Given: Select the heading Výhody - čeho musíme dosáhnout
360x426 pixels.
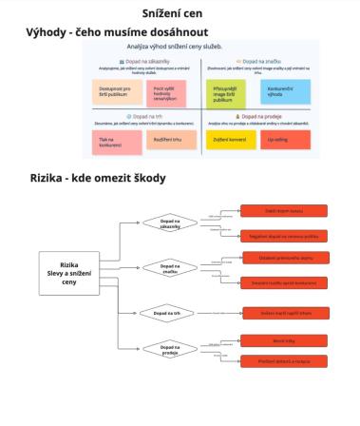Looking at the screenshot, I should pos(118,31).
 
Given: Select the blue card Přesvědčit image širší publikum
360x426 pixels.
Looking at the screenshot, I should pos(223,92).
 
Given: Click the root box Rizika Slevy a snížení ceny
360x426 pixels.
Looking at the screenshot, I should pos(68,275).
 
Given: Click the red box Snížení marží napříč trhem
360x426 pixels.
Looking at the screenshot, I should pos(283,313).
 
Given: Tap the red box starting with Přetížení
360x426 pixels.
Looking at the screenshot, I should pos(283,361).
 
